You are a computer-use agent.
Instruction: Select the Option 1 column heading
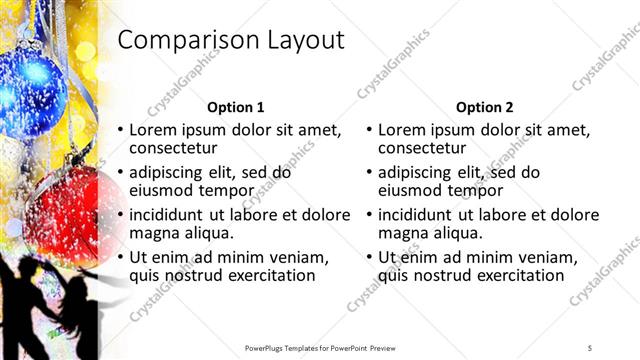click(x=236, y=107)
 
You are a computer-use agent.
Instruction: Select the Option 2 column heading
click(x=485, y=107)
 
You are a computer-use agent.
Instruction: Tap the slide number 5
click(x=590, y=348)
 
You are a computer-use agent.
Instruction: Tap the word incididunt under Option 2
click(x=419, y=215)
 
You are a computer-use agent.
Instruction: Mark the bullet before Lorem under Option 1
click(x=121, y=130)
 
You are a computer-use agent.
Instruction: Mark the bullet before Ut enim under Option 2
click(x=370, y=257)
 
